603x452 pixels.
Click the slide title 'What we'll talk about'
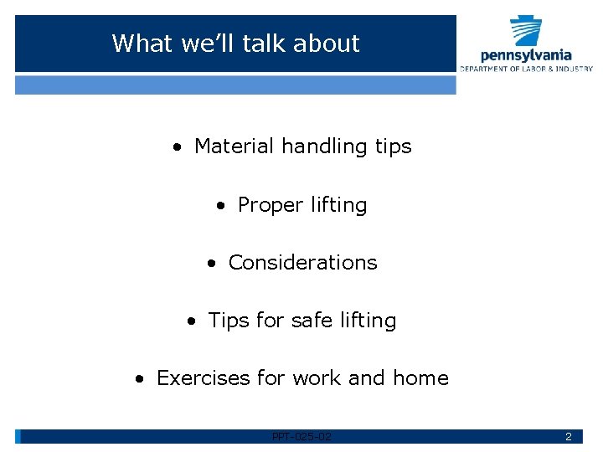[x=235, y=44]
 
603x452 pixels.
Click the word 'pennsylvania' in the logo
[x=526, y=55]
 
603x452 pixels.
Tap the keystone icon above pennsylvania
[x=526, y=29]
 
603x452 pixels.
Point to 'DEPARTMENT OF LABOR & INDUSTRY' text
[x=526, y=69]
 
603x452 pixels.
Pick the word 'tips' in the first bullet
[x=393, y=147]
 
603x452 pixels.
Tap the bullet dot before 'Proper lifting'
[x=220, y=206]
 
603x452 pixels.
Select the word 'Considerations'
[x=302, y=263]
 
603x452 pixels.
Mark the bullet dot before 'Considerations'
[x=212, y=264]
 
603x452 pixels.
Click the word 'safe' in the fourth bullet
[x=310, y=321]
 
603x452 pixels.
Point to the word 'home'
[x=420, y=378]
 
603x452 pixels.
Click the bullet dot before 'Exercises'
[x=141, y=379]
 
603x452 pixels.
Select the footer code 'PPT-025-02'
[x=301, y=437]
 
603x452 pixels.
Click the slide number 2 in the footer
[x=568, y=437]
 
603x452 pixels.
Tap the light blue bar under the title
[x=235, y=85]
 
